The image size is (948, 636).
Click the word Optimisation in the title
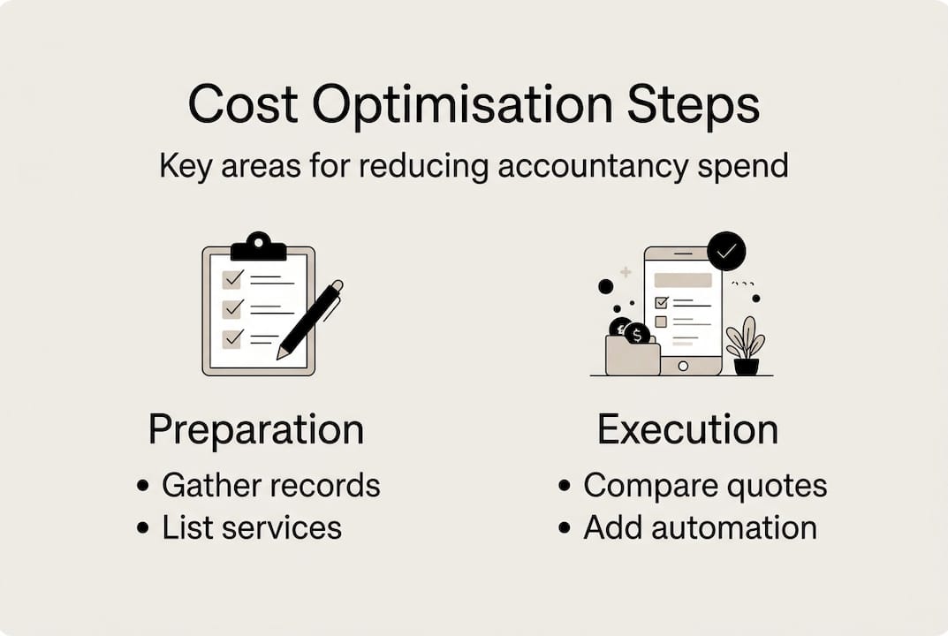[462, 106]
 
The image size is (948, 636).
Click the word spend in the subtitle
[747, 166]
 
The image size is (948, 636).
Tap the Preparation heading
[256, 430]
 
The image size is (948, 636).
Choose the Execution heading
[687, 430]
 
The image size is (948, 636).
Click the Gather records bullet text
[270, 485]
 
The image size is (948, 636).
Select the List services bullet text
[252, 527]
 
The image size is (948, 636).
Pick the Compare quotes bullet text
[705, 485]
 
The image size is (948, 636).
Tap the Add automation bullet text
[700, 527]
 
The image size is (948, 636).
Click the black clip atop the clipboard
[259, 247]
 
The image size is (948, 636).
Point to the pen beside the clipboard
[309, 320]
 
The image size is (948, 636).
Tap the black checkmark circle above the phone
[726, 251]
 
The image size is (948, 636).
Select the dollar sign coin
[637, 334]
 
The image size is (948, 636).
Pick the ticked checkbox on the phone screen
[661, 302]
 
